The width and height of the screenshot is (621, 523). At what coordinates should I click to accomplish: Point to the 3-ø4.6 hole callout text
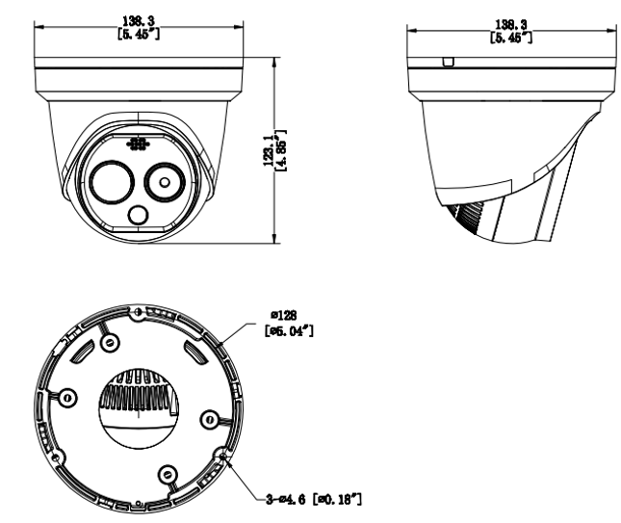(x=313, y=498)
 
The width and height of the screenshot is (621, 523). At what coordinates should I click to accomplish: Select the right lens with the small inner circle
(x=165, y=180)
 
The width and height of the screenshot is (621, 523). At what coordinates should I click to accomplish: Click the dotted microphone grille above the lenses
(x=139, y=144)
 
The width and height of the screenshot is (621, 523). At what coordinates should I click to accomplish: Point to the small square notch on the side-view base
(x=446, y=63)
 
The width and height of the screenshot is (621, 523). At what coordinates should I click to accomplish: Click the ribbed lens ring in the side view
(x=463, y=216)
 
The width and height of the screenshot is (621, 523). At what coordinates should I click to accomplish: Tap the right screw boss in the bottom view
(x=207, y=417)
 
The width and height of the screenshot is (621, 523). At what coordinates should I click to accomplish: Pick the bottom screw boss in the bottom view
(x=168, y=473)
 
